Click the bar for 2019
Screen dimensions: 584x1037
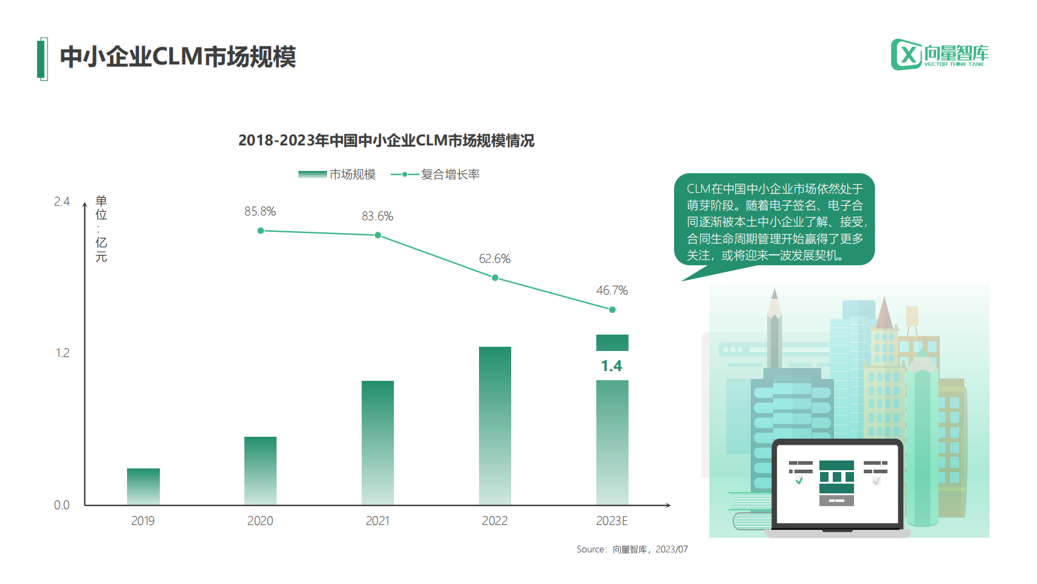tap(143, 486)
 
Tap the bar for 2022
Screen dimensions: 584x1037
tap(495, 425)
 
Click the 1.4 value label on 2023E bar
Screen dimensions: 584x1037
tap(612, 366)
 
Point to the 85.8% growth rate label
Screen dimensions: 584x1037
tap(260, 211)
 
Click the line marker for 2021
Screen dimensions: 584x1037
tap(377, 235)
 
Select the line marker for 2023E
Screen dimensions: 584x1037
tap(612, 310)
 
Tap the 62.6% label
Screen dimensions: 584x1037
tap(495, 259)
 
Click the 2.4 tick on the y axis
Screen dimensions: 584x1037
tap(61, 201)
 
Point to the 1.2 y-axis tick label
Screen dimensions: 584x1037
tap(62, 353)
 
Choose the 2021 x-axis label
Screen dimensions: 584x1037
tap(377, 521)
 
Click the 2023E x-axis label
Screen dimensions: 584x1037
tap(612, 521)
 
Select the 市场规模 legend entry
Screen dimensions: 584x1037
tap(337, 175)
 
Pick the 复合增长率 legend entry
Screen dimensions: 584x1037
tap(436, 175)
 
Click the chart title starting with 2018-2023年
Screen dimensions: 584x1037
tap(386, 141)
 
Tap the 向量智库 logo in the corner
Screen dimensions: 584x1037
tap(940, 55)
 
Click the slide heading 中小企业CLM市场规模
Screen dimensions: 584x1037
tap(177, 57)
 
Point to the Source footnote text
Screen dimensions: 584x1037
tap(632, 549)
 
